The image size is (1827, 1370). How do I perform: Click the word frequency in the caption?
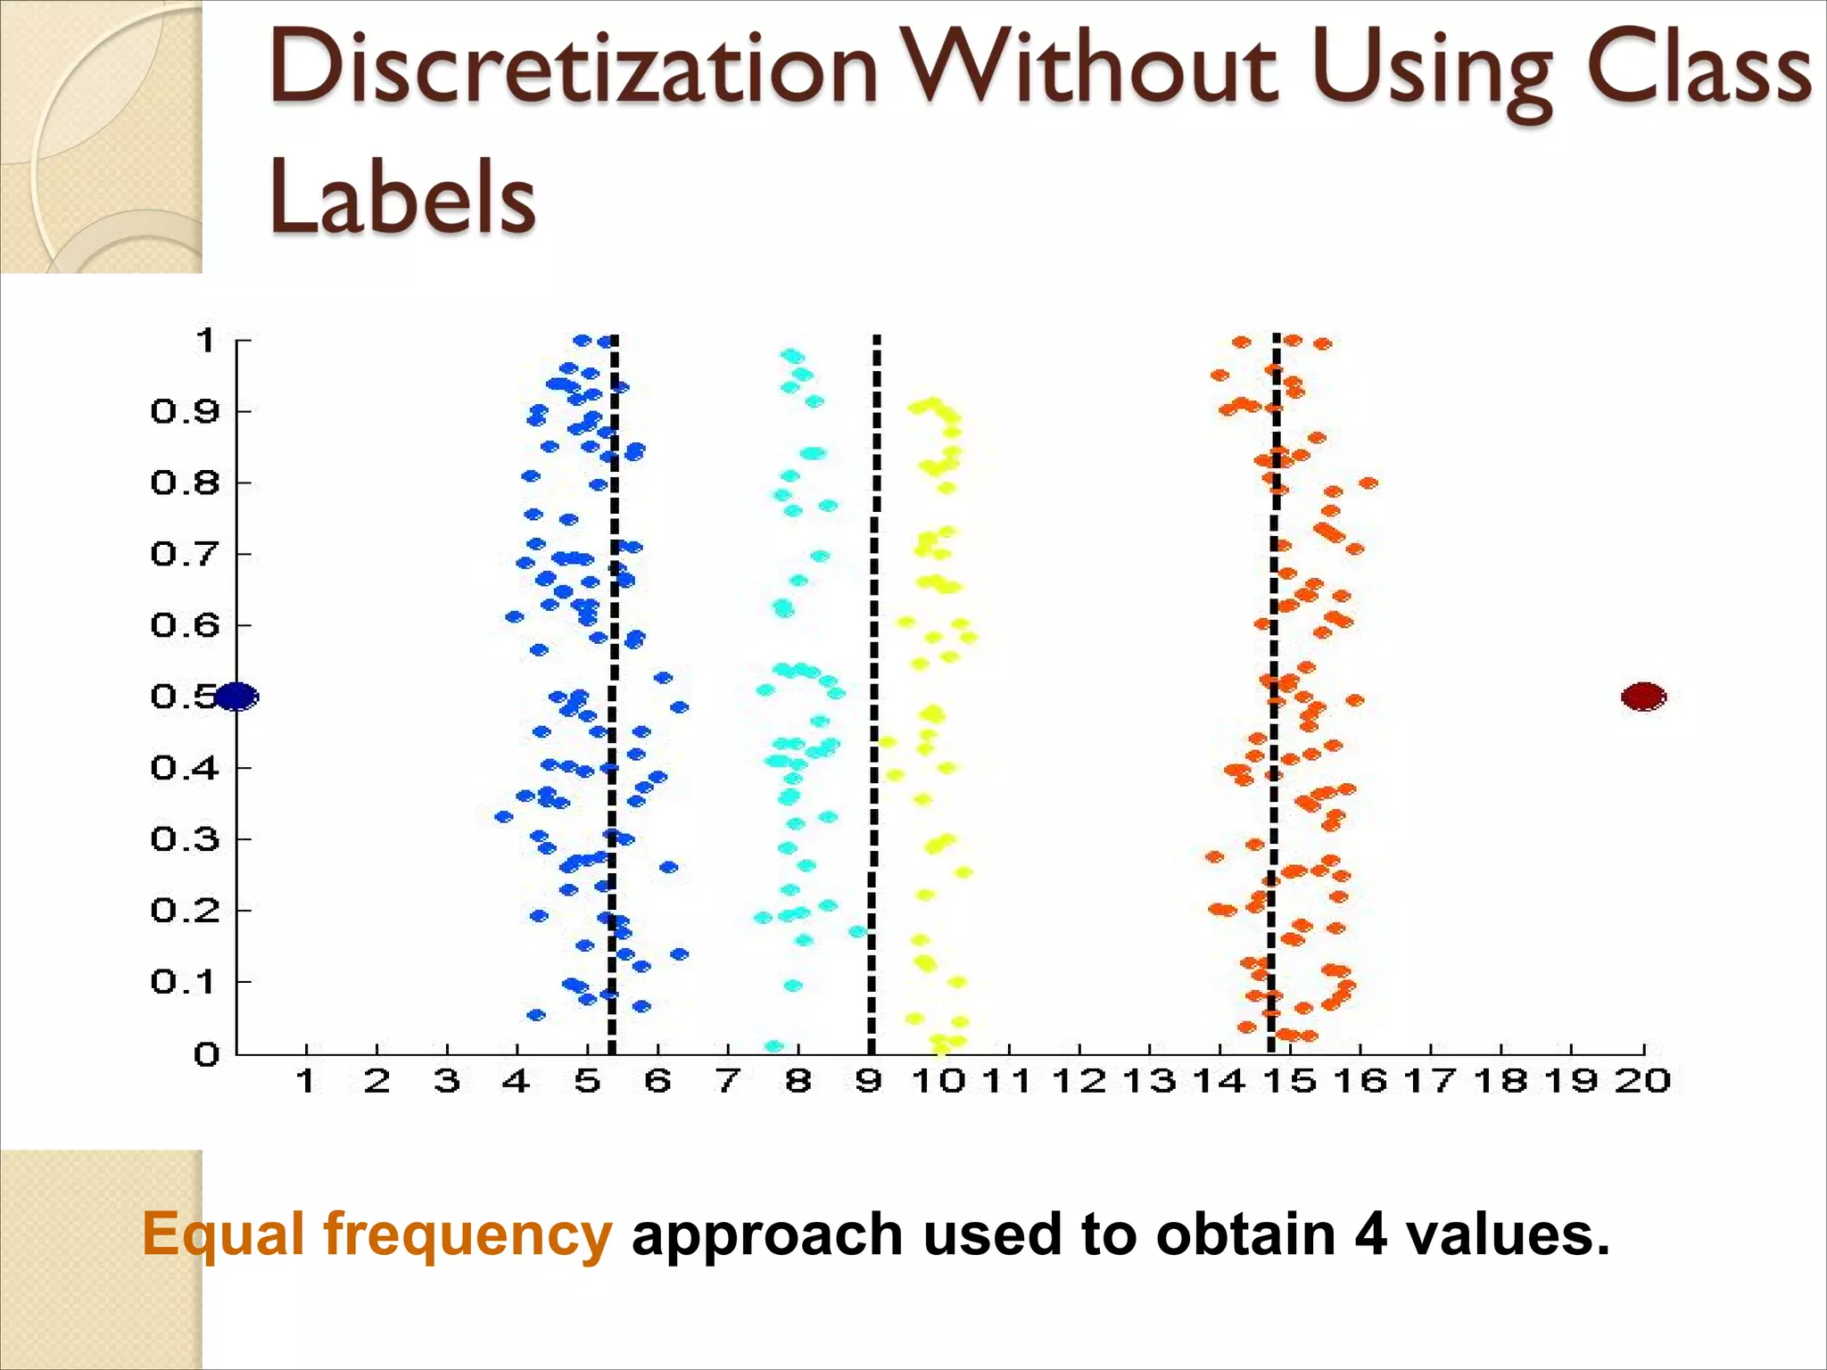click(467, 1235)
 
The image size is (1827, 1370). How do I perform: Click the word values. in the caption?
click(1508, 1234)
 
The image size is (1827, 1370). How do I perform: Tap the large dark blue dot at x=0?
click(236, 696)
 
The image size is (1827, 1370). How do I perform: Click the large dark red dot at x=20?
click(1643, 696)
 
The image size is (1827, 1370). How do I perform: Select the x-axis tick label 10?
click(938, 1081)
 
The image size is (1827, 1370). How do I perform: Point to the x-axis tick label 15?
click(1290, 1081)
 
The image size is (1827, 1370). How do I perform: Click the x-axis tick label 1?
click(306, 1081)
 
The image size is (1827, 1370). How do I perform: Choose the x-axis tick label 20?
click(1642, 1081)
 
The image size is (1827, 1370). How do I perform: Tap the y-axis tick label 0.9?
click(185, 411)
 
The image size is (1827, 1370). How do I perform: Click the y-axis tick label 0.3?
click(185, 838)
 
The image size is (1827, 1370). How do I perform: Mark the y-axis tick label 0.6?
click(185, 624)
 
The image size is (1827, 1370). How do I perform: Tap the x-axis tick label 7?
click(728, 1081)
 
